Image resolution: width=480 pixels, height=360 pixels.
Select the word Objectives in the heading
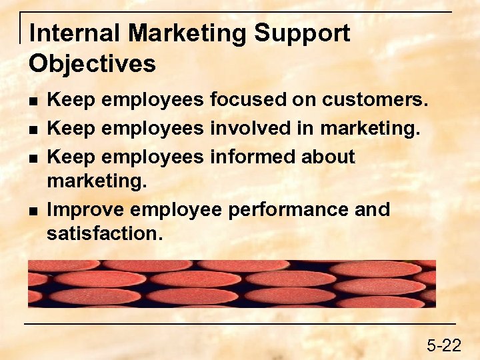click(x=92, y=64)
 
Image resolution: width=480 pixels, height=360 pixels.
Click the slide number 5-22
click(x=444, y=345)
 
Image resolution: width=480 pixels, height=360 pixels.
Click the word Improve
click(x=86, y=210)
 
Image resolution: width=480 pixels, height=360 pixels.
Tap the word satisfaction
click(x=103, y=234)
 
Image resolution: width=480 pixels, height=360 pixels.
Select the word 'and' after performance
click(x=372, y=210)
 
